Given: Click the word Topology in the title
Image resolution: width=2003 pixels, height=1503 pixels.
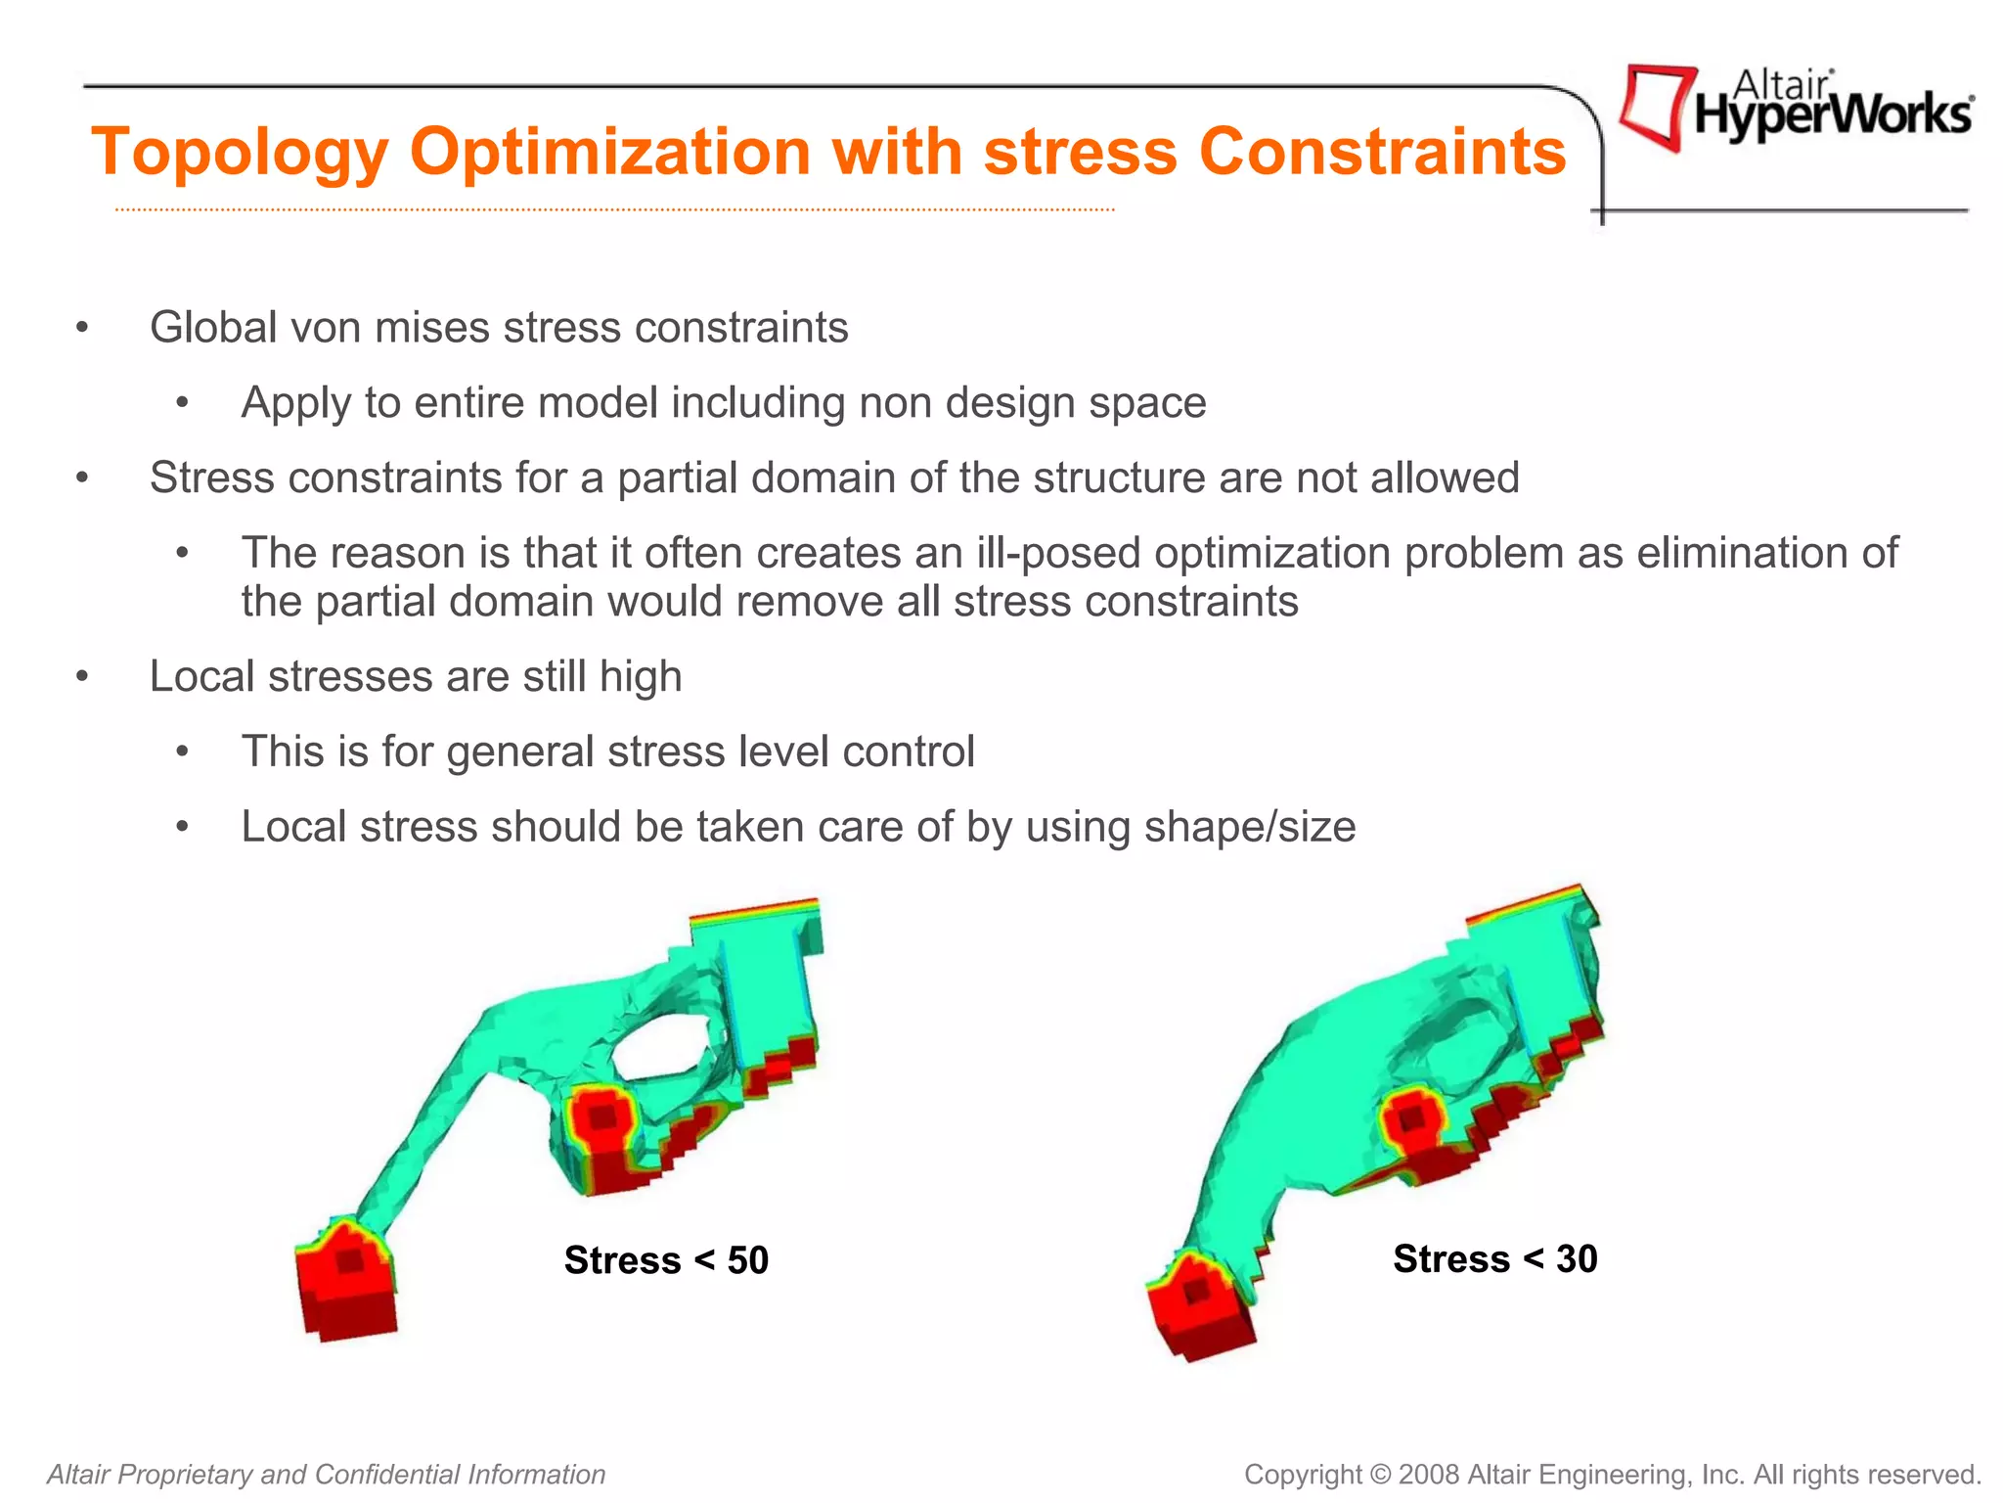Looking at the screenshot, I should (x=240, y=154).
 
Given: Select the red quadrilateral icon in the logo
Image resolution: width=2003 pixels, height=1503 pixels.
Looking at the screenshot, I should (x=1656, y=106).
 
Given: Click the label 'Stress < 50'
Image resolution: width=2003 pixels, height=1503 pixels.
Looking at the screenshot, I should (x=666, y=1259).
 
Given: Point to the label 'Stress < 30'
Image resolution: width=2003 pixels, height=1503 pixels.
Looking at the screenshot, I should (x=1494, y=1258).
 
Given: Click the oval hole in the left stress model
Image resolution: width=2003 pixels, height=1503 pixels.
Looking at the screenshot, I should (x=664, y=1049).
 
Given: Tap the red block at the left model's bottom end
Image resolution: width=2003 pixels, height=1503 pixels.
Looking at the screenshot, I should (x=347, y=1282).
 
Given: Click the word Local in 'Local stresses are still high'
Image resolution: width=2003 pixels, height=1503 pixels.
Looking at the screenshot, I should (x=201, y=676).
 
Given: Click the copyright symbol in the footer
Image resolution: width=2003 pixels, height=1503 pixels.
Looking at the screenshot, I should (x=1380, y=1475).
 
